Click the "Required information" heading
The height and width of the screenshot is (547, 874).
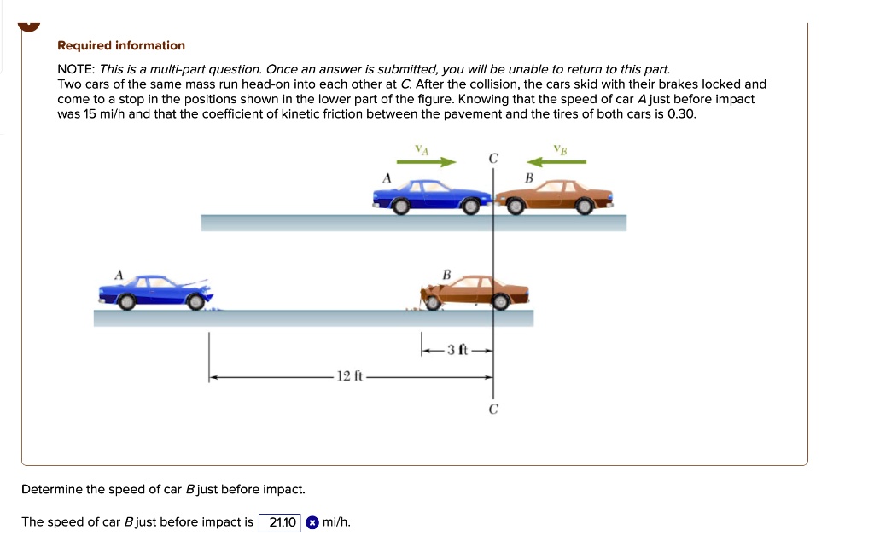click(120, 45)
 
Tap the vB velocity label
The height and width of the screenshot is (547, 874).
click(559, 149)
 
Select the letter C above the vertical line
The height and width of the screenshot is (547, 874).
click(492, 159)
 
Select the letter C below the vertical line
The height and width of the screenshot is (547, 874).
click(492, 410)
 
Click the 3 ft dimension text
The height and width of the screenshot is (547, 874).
click(457, 350)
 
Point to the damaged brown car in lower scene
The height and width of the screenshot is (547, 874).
click(475, 292)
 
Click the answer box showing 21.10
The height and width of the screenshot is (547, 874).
click(281, 522)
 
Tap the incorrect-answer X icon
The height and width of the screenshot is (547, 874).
click(313, 522)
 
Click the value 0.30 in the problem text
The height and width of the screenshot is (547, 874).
click(680, 113)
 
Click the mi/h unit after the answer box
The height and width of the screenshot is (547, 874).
click(337, 522)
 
